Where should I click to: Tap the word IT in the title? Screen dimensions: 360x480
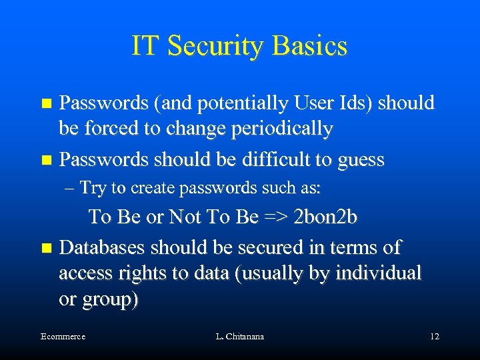click(145, 46)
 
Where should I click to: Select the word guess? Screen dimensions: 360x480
click(361, 160)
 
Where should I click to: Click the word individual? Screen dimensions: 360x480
click(379, 273)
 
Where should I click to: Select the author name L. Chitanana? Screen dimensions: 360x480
click(240, 337)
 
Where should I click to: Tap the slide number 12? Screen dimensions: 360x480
click(435, 337)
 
